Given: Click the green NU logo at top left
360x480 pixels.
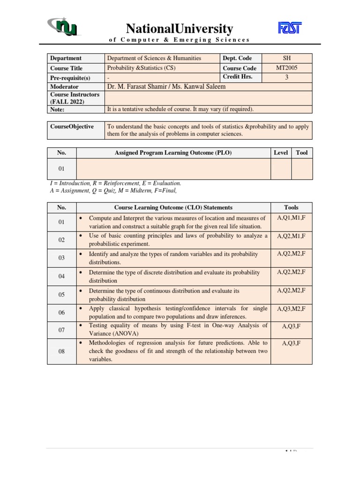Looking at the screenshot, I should click(64, 27).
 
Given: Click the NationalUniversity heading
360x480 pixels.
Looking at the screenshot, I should click(179, 29).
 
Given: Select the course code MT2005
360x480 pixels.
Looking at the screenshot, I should click(287, 68).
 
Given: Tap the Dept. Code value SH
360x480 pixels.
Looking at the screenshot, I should click(287, 58).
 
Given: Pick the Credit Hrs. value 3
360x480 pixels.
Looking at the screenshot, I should click(287, 77).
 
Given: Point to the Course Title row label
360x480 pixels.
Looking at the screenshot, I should click(66, 68).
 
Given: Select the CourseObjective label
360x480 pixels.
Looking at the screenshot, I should click(72, 127).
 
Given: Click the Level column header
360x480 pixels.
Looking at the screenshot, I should click(281, 153).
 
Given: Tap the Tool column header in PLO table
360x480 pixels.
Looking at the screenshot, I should click(301, 153).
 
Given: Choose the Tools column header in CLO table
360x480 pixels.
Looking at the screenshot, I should click(291, 207).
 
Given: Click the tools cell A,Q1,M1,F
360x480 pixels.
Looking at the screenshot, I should click(291, 218).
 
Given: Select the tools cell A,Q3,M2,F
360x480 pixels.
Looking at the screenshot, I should click(291, 308).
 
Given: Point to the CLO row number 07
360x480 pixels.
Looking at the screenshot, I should click(61, 330).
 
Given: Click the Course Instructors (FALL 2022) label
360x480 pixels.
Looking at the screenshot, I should click(75, 98).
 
